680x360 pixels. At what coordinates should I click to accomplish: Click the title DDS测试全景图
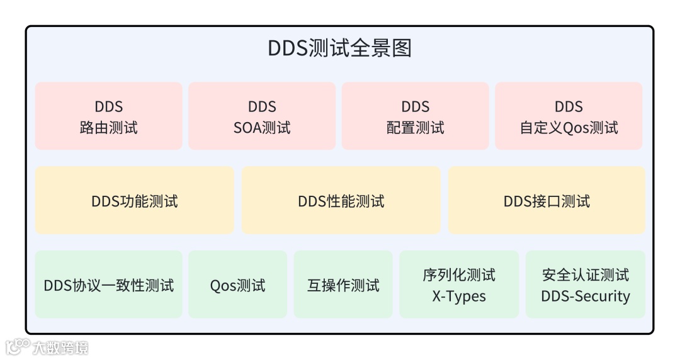pyautogui.click(x=339, y=49)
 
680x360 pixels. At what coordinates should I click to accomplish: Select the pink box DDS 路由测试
pyautogui.click(x=108, y=116)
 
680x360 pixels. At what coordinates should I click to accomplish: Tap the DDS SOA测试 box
pyautogui.click(x=262, y=116)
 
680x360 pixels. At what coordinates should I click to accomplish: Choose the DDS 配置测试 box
pyautogui.click(x=415, y=116)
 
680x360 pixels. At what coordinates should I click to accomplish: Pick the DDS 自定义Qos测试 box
pyautogui.click(x=569, y=116)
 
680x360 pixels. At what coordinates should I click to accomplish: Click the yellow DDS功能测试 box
pyautogui.click(x=135, y=201)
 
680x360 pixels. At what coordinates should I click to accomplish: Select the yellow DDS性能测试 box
pyautogui.click(x=341, y=201)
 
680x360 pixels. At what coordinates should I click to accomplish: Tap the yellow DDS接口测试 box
pyautogui.click(x=547, y=201)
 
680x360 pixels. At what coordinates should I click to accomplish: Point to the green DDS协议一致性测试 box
pyautogui.click(x=108, y=284)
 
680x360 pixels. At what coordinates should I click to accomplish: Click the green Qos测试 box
pyautogui.click(x=237, y=284)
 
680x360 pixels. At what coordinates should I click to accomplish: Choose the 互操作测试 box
pyautogui.click(x=343, y=284)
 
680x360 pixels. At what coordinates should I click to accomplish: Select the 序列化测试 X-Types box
pyautogui.click(x=459, y=284)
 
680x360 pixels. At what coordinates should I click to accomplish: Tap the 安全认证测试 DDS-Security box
pyautogui.click(x=585, y=284)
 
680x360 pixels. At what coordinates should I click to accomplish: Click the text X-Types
pyautogui.click(x=459, y=296)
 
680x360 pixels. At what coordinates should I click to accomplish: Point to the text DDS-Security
pyautogui.click(x=585, y=296)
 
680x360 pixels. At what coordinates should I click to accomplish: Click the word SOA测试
pyautogui.click(x=262, y=128)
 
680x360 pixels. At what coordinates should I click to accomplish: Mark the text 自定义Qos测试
pyautogui.click(x=569, y=128)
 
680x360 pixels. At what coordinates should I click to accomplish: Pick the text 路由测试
pyautogui.click(x=108, y=128)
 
